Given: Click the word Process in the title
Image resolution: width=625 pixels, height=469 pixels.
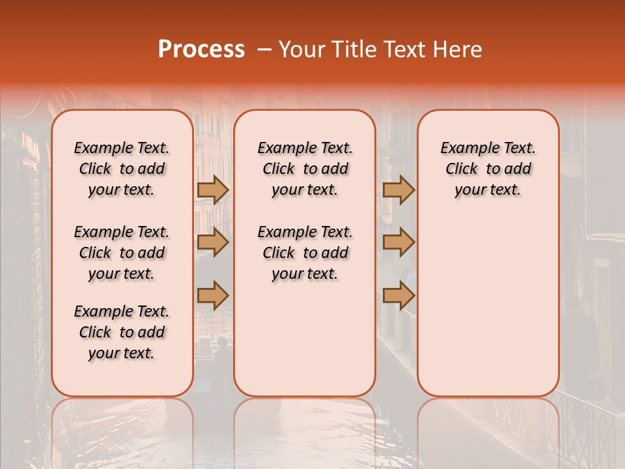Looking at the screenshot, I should tap(201, 50).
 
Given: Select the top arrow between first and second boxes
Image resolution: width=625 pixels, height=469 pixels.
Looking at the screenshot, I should tap(213, 190).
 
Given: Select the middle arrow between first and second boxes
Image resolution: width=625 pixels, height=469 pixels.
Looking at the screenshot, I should tap(213, 242).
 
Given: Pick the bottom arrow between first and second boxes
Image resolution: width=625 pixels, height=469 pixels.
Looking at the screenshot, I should tap(213, 295).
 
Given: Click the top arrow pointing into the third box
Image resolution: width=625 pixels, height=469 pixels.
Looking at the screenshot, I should tap(398, 190).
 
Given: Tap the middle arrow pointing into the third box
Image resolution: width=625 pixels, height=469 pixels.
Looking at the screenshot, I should tap(398, 242).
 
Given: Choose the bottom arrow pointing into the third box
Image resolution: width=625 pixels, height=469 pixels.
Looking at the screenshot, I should tap(398, 295).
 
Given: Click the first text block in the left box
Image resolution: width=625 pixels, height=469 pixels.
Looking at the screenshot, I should tap(122, 169).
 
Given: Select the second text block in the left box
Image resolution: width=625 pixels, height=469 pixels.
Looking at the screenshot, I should tap(122, 253).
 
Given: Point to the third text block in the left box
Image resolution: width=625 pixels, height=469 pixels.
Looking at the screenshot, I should tap(122, 332).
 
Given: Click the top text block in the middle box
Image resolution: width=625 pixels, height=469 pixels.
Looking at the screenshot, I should tap(305, 169).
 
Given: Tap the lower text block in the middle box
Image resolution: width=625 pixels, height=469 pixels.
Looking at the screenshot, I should tap(305, 253).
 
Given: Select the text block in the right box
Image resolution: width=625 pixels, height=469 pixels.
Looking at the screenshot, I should tap(488, 169).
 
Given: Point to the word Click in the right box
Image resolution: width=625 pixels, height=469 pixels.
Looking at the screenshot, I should tap(462, 169).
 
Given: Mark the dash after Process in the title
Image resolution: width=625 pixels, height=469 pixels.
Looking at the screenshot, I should tap(264, 50).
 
